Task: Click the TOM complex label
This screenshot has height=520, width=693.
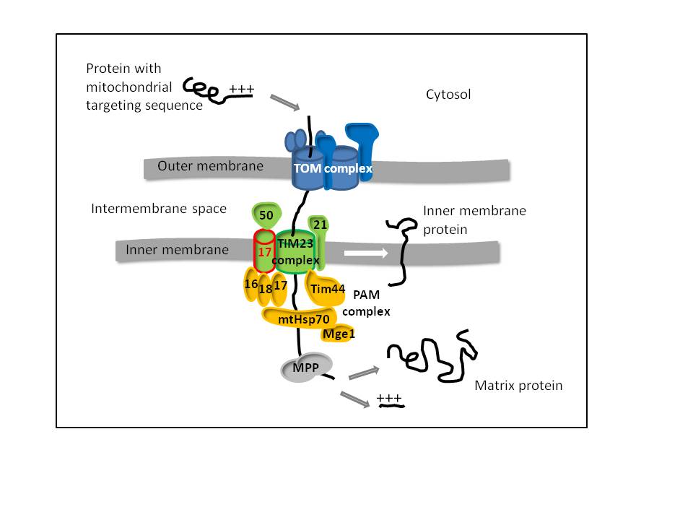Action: [332, 168]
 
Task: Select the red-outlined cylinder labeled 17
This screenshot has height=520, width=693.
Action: [265, 253]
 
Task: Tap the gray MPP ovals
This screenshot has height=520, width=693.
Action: [307, 367]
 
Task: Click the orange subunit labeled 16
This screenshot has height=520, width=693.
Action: [251, 285]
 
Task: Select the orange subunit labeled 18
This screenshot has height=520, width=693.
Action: [265, 289]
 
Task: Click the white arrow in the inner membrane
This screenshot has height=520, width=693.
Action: [365, 253]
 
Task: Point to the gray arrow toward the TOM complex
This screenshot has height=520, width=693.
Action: [284, 103]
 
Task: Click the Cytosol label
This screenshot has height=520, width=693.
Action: [448, 94]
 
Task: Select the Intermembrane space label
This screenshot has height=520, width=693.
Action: [159, 209]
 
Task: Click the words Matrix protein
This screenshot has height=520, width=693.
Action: [518, 386]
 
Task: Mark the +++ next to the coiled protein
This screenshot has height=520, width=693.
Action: [241, 90]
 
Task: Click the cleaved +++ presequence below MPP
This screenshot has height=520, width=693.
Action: [390, 400]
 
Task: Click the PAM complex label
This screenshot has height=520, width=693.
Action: [366, 303]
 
